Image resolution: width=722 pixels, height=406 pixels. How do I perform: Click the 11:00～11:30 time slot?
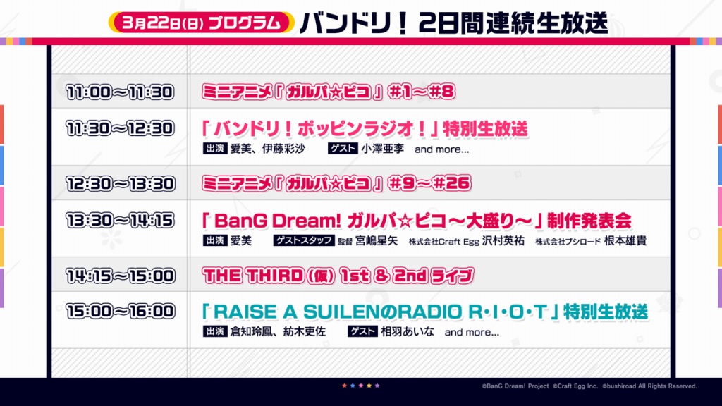120,92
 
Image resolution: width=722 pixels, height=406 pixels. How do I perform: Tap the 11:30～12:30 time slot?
120,128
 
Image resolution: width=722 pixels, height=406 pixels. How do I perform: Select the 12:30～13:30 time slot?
120,184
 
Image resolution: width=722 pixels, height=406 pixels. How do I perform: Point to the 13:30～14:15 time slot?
120,220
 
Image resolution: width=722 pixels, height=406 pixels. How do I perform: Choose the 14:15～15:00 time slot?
120,276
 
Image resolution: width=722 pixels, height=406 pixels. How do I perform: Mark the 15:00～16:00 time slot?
120,311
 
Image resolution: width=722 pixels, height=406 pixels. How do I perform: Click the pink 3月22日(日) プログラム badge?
201,23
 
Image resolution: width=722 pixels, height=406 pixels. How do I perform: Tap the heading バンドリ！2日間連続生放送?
454,23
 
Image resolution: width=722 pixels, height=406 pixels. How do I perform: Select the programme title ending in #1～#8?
329,92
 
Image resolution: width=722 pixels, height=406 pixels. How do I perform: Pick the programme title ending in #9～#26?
336,183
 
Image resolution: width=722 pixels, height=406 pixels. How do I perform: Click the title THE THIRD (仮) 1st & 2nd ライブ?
338,276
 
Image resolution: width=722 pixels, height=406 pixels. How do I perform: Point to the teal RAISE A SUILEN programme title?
424,312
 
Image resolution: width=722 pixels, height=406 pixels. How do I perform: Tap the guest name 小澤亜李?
383,149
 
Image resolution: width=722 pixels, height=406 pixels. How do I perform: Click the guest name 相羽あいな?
408,331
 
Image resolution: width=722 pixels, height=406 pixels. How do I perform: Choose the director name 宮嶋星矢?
377,240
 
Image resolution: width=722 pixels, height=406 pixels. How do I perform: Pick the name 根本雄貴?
625,240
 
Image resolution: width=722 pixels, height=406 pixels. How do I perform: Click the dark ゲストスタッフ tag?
303,240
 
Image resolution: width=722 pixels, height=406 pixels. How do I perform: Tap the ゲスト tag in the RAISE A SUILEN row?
362,331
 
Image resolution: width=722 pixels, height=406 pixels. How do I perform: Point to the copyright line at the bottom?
589,386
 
